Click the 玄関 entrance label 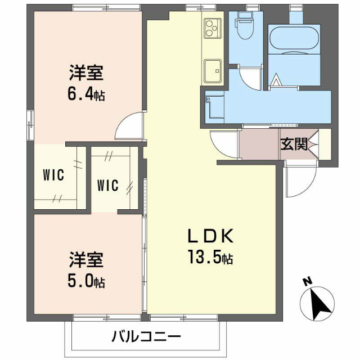(x=294, y=145)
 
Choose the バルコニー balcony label (x=146, y=337)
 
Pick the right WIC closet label (x=107, y=184)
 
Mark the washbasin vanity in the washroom (x=214, y=107)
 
